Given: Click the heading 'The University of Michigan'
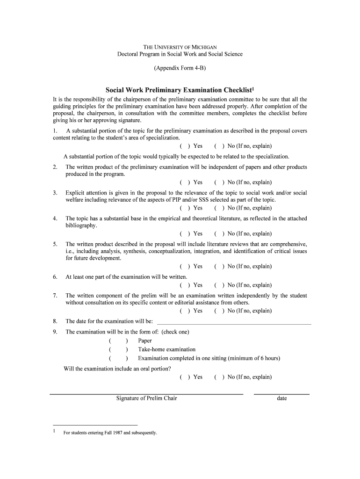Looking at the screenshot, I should pyautogui.click(x=180, y=47).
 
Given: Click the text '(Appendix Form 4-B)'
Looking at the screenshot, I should pyautogui.click(x=180, y=68).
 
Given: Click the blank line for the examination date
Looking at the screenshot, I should pyautogui.click(x=234, y=323).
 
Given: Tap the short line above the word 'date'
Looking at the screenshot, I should pyautogui.click(x=281, y=394).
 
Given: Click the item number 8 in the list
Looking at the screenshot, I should pyautogui.click(x=55, y=321).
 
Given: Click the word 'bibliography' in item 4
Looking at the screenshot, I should pyautogui.click(x=80, y=225).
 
